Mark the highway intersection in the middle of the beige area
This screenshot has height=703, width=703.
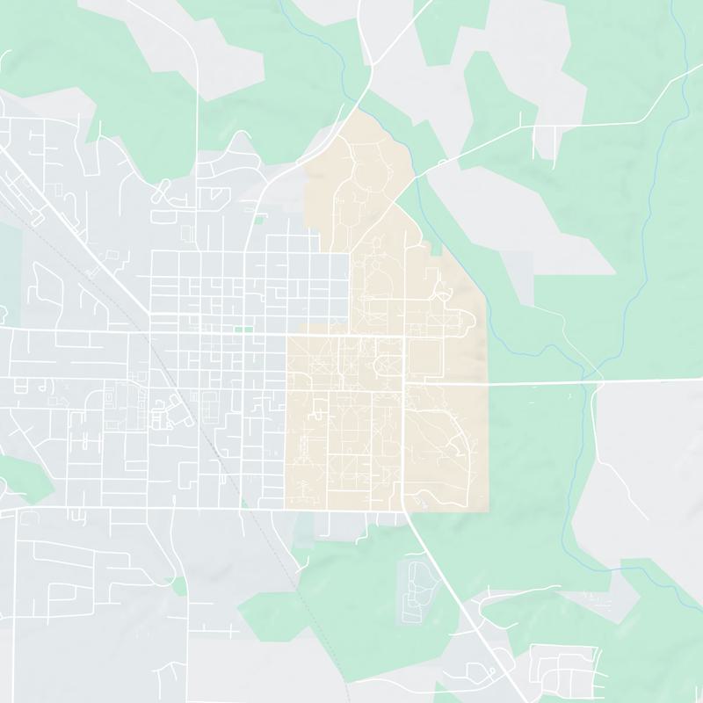pyautogui.click(x=403, y=384)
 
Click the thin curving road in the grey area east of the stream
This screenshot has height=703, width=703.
pyautogui.click(x=615, y=466)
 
